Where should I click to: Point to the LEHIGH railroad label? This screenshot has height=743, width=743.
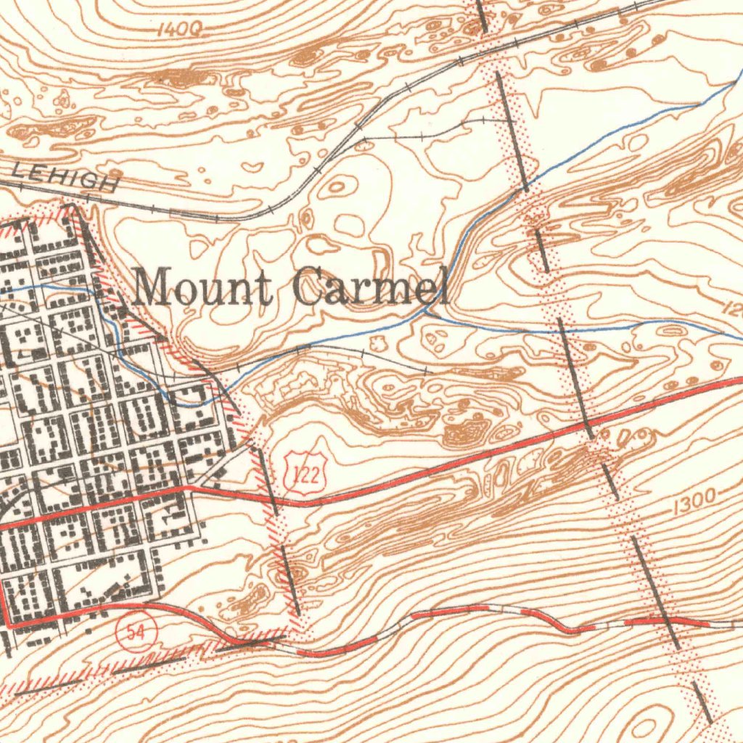point(65,176)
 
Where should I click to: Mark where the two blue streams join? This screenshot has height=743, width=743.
point(428,313)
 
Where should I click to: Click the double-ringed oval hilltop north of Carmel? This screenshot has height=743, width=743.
point(337,186)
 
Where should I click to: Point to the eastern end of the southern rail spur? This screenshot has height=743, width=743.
point(428,371)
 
